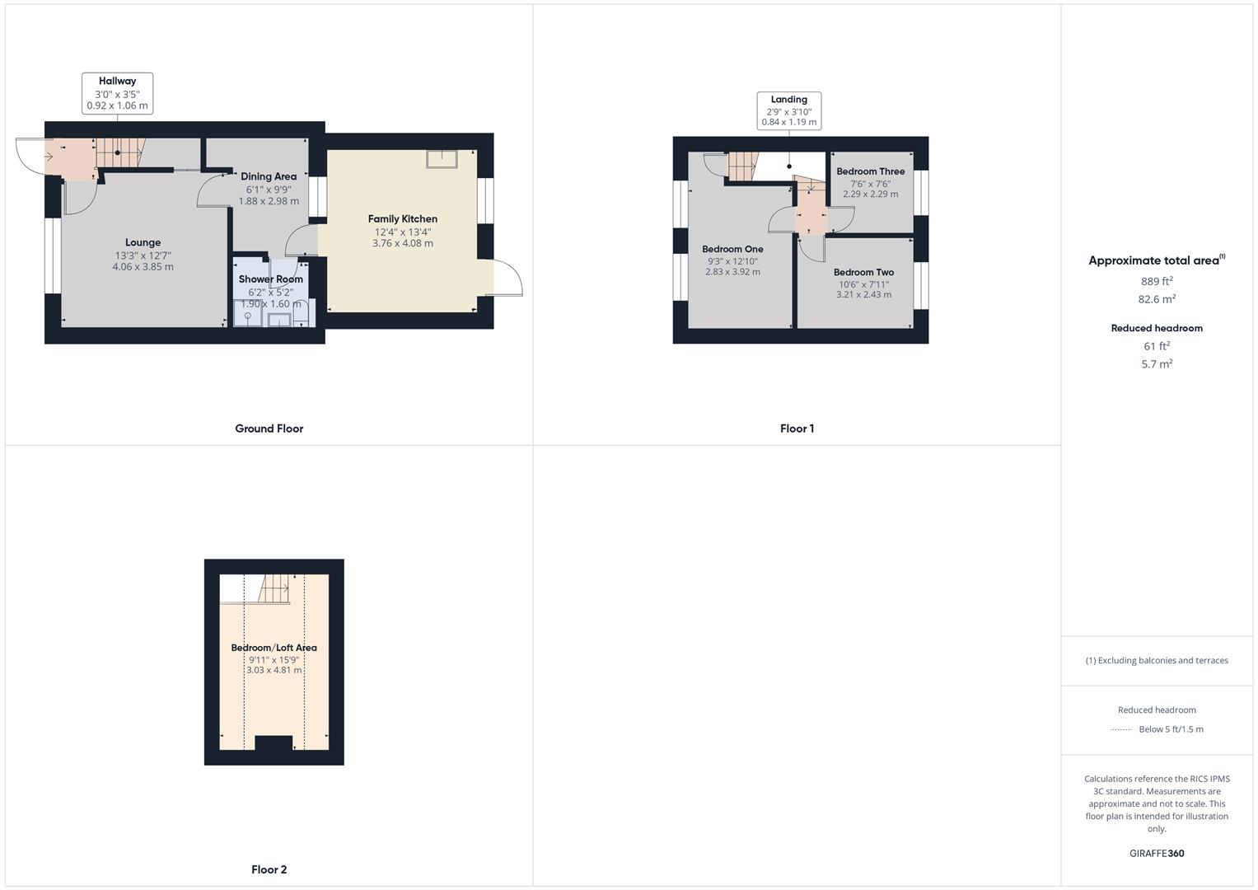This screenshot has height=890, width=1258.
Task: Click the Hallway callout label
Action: [x=117, y=81]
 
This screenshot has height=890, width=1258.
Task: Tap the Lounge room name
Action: [x=143, y=242]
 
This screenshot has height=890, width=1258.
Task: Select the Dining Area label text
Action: [x=269, y=176]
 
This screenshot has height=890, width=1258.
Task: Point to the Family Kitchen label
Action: [x=402, y=218]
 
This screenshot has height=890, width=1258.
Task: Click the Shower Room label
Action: [x=270, y=279]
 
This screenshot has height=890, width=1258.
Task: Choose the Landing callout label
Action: [x=788, y=100]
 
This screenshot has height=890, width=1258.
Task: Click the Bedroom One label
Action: [x=732, y=249]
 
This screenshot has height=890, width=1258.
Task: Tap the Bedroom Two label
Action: [x=863, y=272]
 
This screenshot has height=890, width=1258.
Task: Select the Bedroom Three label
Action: [x=870, y=171]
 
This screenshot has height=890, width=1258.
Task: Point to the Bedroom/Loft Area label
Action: [x=274, y=648]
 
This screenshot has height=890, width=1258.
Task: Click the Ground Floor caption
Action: [x=269, y=429]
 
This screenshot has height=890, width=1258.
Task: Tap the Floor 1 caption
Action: [x=797, y=429]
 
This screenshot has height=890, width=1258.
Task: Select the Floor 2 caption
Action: [x=269, y=869]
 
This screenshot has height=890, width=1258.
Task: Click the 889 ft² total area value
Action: [x=1156, y=281]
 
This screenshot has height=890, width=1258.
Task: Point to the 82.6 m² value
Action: [x=1157, y=299]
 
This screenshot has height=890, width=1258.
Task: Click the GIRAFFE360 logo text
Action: [x=1157, y=853]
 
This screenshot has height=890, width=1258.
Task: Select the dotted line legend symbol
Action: [x=1120, y=729]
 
